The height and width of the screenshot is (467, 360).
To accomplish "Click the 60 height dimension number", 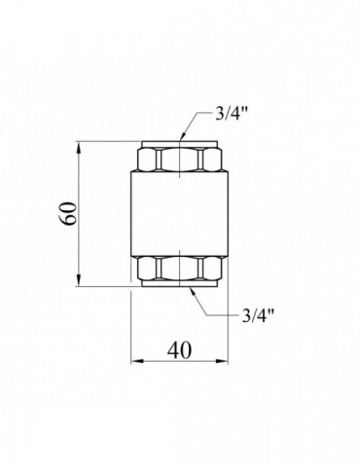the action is pos(69,213).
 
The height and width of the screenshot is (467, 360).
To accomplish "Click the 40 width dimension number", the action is pos(179,350).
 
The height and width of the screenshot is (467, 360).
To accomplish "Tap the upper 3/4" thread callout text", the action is pos(232,114).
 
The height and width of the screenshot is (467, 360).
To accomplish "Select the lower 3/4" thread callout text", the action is pos(258,314).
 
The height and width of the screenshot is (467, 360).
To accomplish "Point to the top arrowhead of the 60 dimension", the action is pos(79,147).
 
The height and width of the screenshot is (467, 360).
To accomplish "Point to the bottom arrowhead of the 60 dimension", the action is pos(79,280).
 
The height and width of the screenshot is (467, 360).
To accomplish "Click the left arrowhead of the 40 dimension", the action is pos(137,361).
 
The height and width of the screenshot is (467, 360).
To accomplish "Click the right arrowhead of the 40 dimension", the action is pos(223,361).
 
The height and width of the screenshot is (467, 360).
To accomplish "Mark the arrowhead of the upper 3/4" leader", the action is pos(184,134).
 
